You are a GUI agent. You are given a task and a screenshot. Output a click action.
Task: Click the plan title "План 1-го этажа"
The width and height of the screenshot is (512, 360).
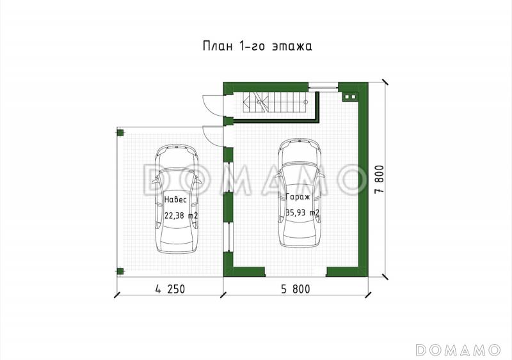click(x=257, y=46)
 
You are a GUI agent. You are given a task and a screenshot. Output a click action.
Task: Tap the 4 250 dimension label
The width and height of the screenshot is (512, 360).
click(x=170, y=289)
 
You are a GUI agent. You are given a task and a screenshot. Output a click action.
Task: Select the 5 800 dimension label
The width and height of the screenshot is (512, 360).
click(x=296, y=289)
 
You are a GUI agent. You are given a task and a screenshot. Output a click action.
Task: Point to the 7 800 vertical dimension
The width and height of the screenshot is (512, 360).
click(x=380, y=180)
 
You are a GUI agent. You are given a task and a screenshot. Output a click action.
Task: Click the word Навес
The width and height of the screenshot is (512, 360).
click(x=175, y=200)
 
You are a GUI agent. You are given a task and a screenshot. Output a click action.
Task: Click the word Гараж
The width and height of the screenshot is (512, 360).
click(x=298, y=197)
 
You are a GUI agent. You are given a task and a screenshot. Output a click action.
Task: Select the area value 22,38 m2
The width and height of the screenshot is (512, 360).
click(x=181, y=215)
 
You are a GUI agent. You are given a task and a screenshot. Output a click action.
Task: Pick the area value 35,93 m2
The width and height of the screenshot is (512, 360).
click(x=303, y=212)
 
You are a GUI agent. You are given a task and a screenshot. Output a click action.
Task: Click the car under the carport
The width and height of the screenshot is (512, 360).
click(x=177, y=199)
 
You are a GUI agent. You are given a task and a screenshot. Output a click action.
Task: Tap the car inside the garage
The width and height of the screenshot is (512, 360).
click(x=300, y=193)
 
